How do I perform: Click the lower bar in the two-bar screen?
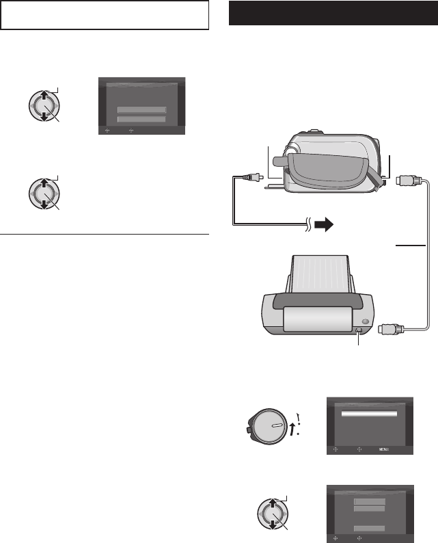141,120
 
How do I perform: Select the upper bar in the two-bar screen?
141,109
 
